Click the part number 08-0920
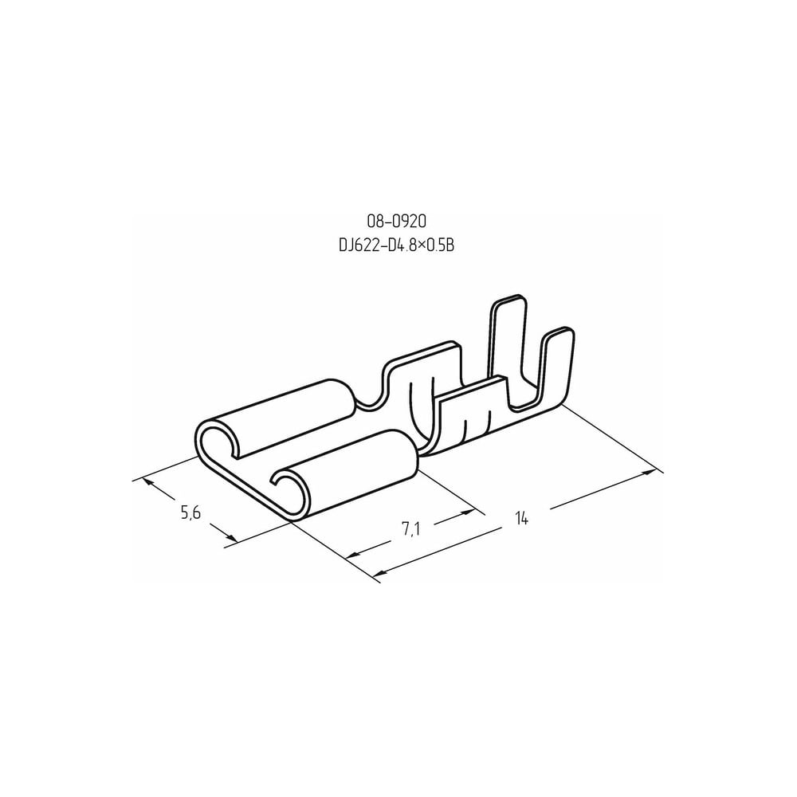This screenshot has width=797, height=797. pos(396,221)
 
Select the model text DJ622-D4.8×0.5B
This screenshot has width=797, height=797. pos(396,245)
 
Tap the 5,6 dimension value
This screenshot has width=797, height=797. pos(190,512)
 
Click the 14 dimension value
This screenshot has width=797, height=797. pos(522,519)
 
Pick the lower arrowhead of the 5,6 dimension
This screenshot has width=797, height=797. pos(230,536)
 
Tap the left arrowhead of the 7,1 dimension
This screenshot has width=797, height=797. pos(353,555)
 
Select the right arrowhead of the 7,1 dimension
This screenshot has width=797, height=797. pos(466,514)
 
